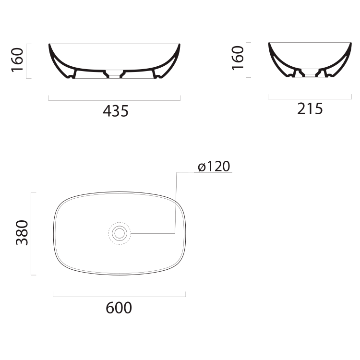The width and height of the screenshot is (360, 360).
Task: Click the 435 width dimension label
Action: point(116,111)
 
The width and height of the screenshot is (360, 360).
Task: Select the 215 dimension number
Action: point(310,109)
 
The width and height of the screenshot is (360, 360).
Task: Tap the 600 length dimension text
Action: point(119,308)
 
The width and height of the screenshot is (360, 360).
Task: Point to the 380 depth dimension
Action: point(22,233)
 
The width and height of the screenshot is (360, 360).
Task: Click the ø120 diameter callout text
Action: point(214,166)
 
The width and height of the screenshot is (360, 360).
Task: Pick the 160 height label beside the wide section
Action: point(17,60)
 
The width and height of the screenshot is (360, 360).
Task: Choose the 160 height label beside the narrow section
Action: point(238,58)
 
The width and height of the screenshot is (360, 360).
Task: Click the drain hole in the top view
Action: point(120,233)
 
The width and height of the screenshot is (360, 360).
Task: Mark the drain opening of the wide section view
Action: point(114,74)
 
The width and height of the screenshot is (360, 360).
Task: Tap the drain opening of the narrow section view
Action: point(310,72)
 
